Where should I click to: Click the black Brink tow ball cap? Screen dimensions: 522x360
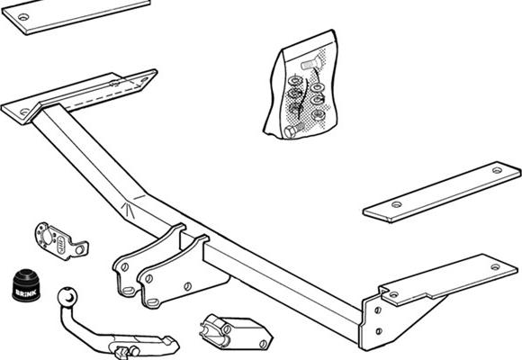tap(26, 285)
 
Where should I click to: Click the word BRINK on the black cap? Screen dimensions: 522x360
tap(26, 293)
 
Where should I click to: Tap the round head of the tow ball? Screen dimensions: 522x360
tap(67, 296)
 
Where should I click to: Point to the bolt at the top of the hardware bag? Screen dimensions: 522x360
tap(311, 64)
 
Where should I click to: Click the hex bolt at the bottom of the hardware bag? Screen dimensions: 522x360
tap(294, 130)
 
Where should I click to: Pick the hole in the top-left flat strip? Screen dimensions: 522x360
tap(23, 17)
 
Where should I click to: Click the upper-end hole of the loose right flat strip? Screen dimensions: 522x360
tap(497, 170)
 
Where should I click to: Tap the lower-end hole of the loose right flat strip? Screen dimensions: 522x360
tap(396, 204)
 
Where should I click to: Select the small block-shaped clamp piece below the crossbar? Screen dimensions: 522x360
tap(236, 332)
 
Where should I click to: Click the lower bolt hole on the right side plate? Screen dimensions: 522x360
tap(379, 331)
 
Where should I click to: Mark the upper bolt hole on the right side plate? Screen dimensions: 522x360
tap(378, 310)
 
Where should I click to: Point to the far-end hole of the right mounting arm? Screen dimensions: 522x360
tap(495, 267)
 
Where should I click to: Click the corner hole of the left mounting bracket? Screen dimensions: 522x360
tap(24, 112)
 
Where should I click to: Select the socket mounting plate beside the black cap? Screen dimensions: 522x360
tap(61, 241)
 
